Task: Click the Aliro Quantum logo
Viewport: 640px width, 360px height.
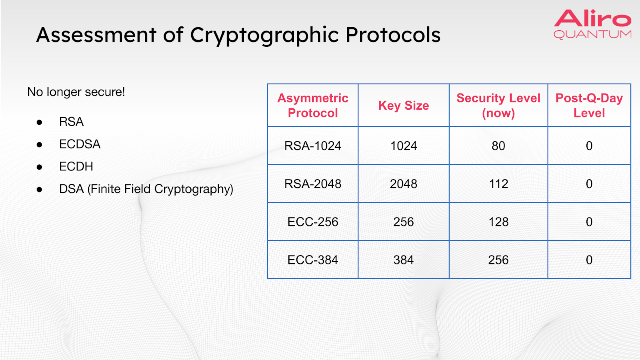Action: (x=592, y=24)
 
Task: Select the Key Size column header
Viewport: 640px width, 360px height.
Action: (x=404, y=106)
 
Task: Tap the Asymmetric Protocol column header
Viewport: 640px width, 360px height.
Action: (x=313, y=106)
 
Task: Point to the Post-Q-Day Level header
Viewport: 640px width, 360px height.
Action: (x=589, y=106)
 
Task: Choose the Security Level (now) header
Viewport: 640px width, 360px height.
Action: (x=498, y=106)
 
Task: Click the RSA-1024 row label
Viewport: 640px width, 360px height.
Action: (x=312, y=146)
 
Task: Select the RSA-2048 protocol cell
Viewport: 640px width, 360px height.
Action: (x=312, y=184)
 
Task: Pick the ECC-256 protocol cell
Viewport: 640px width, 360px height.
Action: (x=312, y=222)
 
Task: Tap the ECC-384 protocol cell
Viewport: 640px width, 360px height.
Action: (x=312, y=260)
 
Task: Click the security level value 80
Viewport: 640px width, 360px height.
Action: (x=498, y=146)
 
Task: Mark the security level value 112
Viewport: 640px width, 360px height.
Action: (x=498, y=184)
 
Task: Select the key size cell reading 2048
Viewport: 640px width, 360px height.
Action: (x=404, y=184)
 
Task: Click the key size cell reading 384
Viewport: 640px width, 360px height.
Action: (x=404, y=260)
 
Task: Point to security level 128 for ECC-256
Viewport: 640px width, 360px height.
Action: (x=498, y=222)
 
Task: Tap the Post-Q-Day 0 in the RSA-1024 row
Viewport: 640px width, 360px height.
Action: (x=589, y=146)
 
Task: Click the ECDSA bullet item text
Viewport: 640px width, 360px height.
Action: (x=80, y=144)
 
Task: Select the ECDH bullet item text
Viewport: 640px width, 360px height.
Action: (x=76, y=166)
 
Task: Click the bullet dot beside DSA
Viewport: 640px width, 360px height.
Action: (x=40, y=190)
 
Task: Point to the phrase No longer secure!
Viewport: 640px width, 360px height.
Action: (x=76, y=92)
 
